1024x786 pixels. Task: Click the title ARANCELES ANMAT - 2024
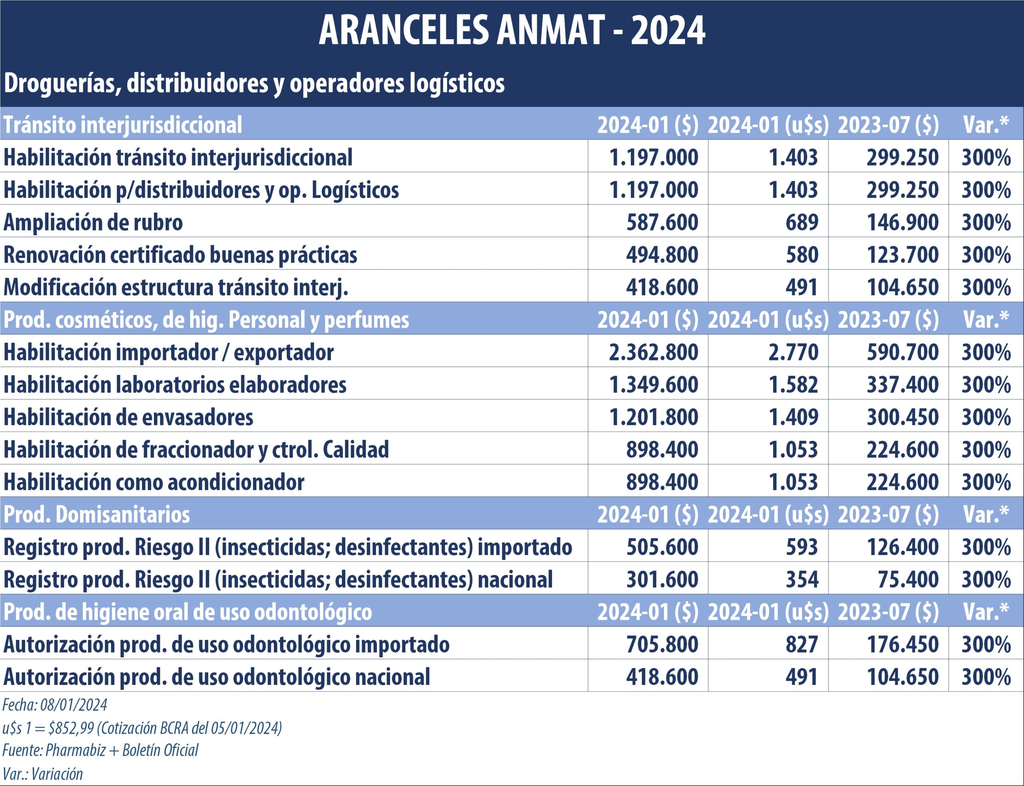[x=512, y=30]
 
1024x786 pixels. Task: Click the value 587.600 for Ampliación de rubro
[x=662, y=222]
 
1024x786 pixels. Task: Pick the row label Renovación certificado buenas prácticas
[x=180, y=255]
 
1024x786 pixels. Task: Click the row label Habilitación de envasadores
[x=128, y=417]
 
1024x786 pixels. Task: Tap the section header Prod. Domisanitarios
[x=97, y=515]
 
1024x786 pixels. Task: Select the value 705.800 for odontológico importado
[x=662, y=645]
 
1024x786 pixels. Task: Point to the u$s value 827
[x=802, y=645]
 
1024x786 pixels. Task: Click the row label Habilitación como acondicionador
[x=154, y=482]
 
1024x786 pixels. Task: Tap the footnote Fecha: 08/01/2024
[x=55, y=705]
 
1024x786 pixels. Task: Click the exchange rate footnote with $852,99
[x=142, y=728]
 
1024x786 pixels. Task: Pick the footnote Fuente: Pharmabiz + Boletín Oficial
[x=100, y=750]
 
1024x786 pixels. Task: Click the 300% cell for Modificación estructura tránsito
[x=986, y=287]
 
